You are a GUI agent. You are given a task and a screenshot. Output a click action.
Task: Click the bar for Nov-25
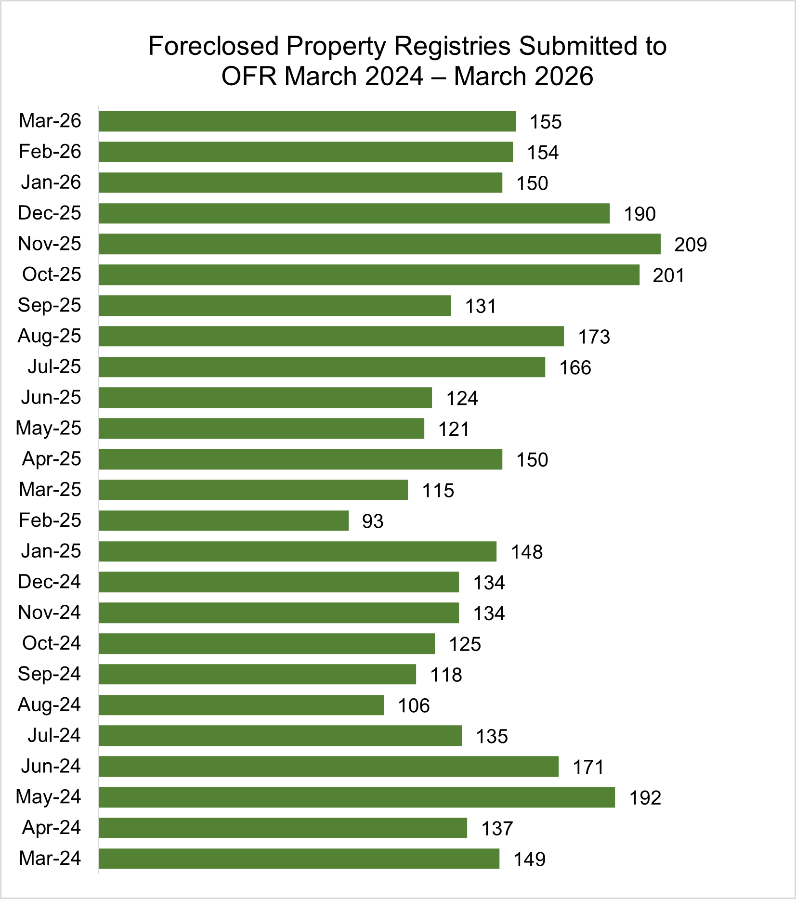(x=379, y=244)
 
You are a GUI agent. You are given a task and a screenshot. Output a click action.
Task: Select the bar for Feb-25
(x=223, y=521)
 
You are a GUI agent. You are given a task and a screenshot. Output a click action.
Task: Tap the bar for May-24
(x=357, y=797)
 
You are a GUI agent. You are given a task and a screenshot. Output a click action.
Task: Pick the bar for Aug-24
(x=241, y=705)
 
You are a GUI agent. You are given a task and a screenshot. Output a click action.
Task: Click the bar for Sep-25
(x=274, y=306)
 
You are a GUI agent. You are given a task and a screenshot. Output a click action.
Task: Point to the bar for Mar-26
(x=307, y=121)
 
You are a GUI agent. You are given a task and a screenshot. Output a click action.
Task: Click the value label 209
(x=690, y=245)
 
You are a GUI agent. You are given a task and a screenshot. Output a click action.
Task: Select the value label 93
(x=373, y=521)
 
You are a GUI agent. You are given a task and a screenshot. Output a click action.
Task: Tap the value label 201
(x=668, y=276)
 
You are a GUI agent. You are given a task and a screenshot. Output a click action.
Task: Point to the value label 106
(x=414, y=706)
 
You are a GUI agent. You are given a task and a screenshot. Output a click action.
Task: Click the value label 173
(x=594, y=337)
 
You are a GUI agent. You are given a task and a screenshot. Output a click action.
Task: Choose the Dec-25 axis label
(x=50, y=213)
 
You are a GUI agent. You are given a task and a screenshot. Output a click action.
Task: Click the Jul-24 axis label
(x=54, y=735)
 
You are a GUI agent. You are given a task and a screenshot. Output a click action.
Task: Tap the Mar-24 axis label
(x=50, y=858)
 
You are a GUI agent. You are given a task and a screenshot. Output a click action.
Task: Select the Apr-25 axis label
(x=52, y=459)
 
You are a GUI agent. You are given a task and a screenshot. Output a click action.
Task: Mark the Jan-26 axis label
(x=51, y=182)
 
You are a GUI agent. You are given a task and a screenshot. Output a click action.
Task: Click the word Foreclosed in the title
(x=213, y=47)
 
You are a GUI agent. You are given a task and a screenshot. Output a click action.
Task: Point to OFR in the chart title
(x=249, y=77)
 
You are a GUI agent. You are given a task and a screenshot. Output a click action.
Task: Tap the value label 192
(x=645, y=798)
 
